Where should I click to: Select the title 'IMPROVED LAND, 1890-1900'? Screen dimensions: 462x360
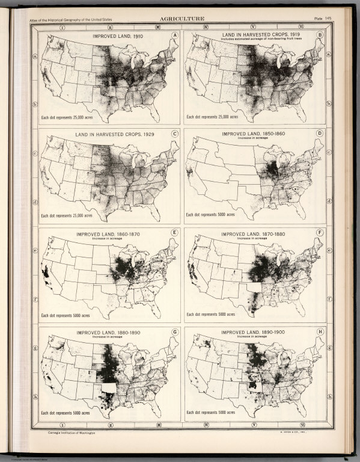tap(255, 331)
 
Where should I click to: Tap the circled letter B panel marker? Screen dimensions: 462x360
tap(321, 35)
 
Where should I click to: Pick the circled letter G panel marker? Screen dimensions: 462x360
tap(175, 331)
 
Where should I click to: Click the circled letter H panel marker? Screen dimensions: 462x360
tap(321, 331)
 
